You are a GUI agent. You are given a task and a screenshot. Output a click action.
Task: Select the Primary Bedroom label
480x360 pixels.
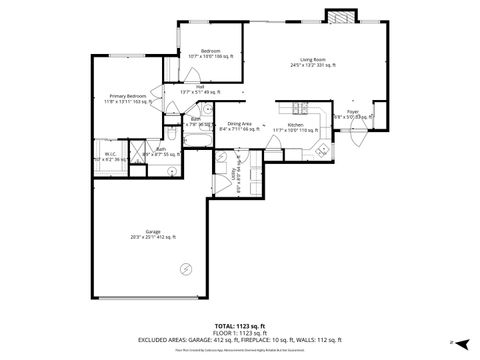coord(128,97)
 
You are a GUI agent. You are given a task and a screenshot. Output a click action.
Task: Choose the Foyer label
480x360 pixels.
coord(353,113)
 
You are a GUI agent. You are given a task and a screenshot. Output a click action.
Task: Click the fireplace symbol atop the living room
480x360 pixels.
coord(340,17)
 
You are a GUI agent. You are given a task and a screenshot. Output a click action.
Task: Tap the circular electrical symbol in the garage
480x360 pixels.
coord(185,268)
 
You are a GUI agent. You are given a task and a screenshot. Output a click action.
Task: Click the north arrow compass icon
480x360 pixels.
coord(452,342)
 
